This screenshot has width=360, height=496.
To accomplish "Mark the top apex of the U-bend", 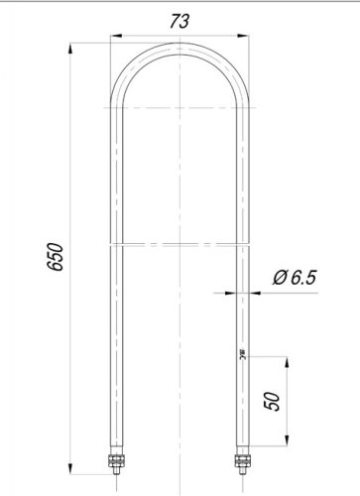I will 178,44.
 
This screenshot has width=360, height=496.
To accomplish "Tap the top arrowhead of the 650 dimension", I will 74,48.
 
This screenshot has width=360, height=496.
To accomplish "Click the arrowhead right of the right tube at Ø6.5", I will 248,292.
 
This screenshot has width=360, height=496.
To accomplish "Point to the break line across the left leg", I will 115,241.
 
